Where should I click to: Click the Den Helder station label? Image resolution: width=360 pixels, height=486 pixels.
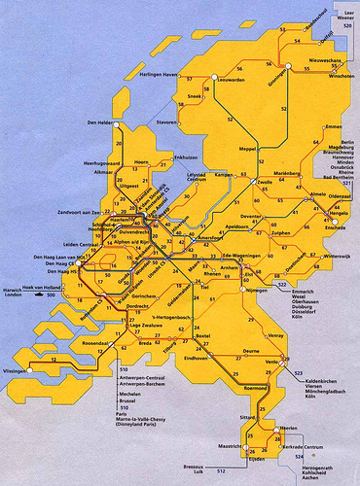click(x=100, y=122)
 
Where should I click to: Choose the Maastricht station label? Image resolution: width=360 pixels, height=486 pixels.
click(x=227, y=446)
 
